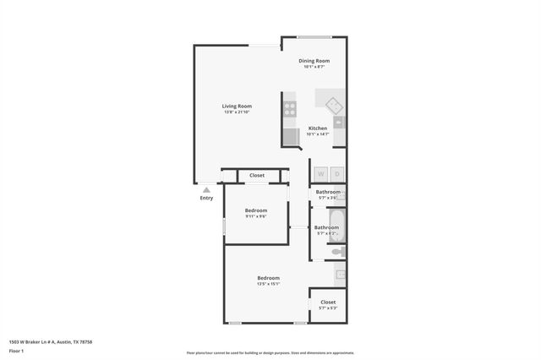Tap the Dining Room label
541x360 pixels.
tap(314, 61)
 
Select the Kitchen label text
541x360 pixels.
tap(317, 128)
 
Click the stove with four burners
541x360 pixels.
tap(290, 108)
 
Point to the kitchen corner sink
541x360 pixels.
tap(334, 106)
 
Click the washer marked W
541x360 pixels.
tap(320, 174)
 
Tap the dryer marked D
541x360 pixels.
tap(336, 174)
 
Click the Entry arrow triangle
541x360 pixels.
tap(206, 190)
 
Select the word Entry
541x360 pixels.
tap(206, 199)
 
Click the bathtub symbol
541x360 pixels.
tap(335, 227)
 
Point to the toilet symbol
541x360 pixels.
tap(337, 251)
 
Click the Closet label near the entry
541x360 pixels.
tap(256, 176)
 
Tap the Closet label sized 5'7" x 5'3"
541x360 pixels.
tap(328, 302)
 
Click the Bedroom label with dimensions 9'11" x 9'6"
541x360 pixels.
tap(256, 210)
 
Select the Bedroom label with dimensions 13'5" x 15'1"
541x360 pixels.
tap(269, 277)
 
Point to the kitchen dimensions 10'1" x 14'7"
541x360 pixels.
tap(317, 134)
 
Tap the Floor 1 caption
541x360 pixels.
tap(16, 350)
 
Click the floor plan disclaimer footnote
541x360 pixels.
tap(270, 353)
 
